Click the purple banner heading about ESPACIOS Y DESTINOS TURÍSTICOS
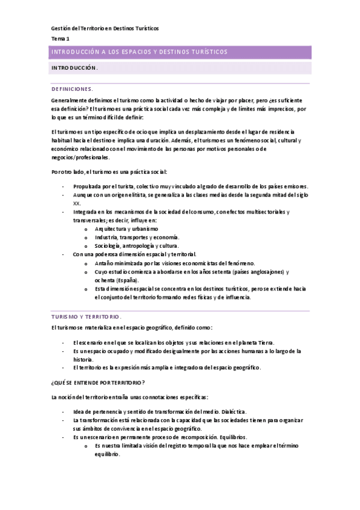140,52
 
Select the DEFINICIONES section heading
72,88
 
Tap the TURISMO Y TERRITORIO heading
87,316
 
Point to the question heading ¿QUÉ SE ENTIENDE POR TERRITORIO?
98,383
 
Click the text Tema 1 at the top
60,38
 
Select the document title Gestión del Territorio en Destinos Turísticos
105,28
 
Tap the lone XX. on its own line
76,203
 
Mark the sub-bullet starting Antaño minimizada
175,263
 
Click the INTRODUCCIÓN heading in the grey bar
75,68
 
